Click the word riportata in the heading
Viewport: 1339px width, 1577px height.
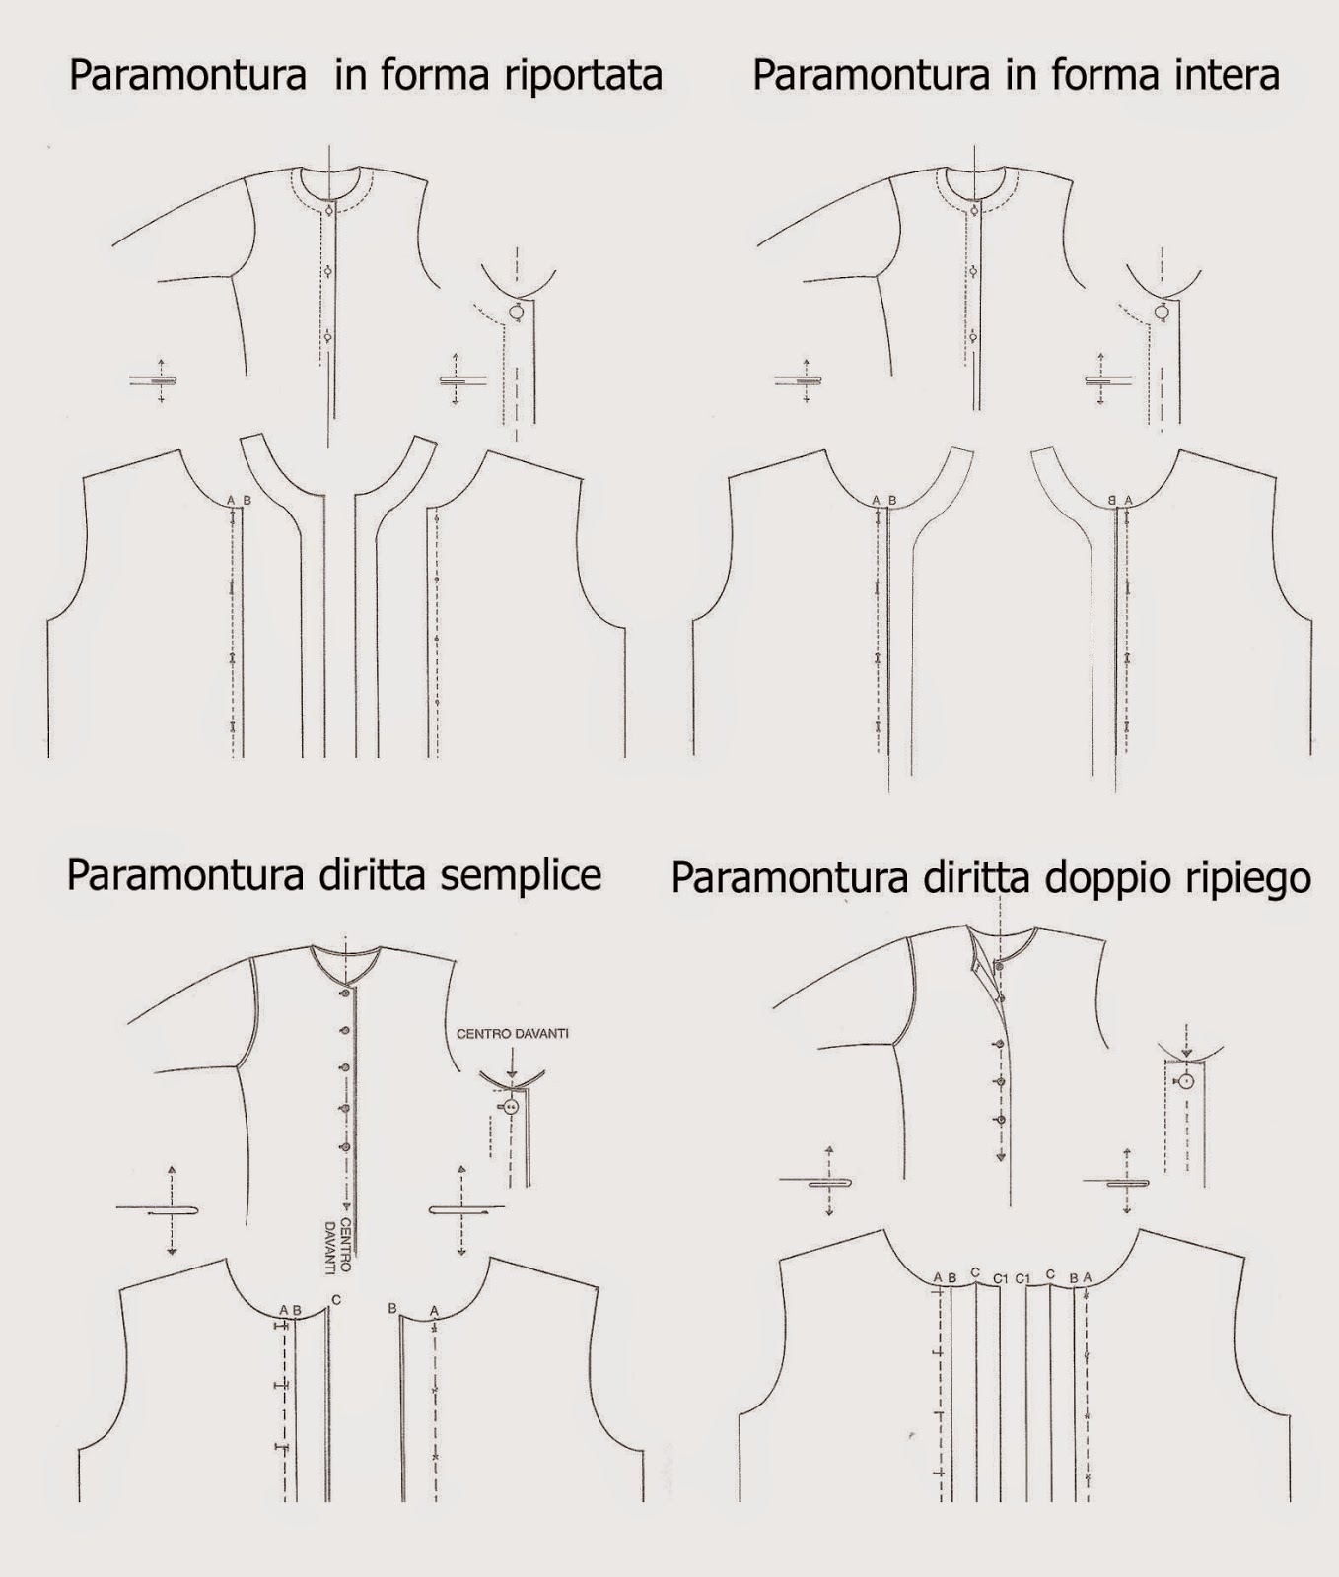pos(579,77)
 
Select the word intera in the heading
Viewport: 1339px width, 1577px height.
pos(1219,75)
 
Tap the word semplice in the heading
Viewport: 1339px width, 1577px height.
pos(520,875)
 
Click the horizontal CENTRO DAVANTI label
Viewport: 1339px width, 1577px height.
pos(512,1034)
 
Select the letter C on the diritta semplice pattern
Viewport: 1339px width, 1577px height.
pos(336,1300)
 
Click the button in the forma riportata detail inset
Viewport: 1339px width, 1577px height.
pos(516,312)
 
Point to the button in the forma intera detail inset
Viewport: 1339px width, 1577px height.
pos(1162,312)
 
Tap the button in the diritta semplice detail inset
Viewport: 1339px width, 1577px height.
pos(511,1107)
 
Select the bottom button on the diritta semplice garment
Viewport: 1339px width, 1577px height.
pos(345,1147)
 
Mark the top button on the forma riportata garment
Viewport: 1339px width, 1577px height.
pos(328,210)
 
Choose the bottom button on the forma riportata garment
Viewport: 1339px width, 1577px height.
pos(328,337)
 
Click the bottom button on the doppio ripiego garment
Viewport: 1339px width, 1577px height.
pos(1001,1121)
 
